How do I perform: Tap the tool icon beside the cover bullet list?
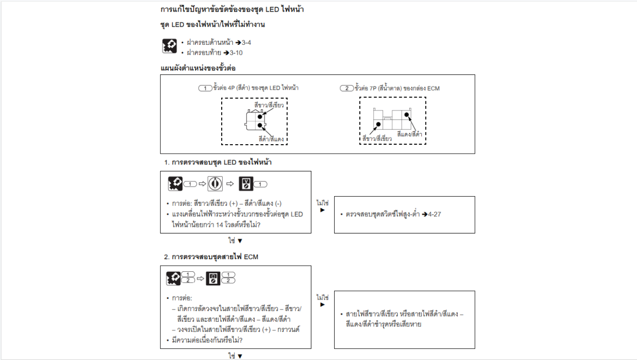tap(169, 46)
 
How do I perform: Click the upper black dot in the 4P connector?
tap(260, 117)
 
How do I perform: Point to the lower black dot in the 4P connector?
tap(260, 125)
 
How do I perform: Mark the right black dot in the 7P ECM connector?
tap(406, 115)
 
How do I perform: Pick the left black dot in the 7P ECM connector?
tap(378, 124)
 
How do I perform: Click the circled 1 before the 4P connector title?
tap(205, 88)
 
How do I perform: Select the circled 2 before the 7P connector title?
tap(347, 88)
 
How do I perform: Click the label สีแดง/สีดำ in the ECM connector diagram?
tap(409, 134)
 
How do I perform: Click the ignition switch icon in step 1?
tap(215, 184)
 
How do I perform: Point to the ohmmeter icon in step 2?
tap(213, 278)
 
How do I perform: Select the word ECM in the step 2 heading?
tap(251, 257)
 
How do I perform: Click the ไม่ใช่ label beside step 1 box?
tap(322, 203)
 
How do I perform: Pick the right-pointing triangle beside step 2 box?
tap(322, 304)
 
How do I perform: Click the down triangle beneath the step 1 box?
tap(240, 241)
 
